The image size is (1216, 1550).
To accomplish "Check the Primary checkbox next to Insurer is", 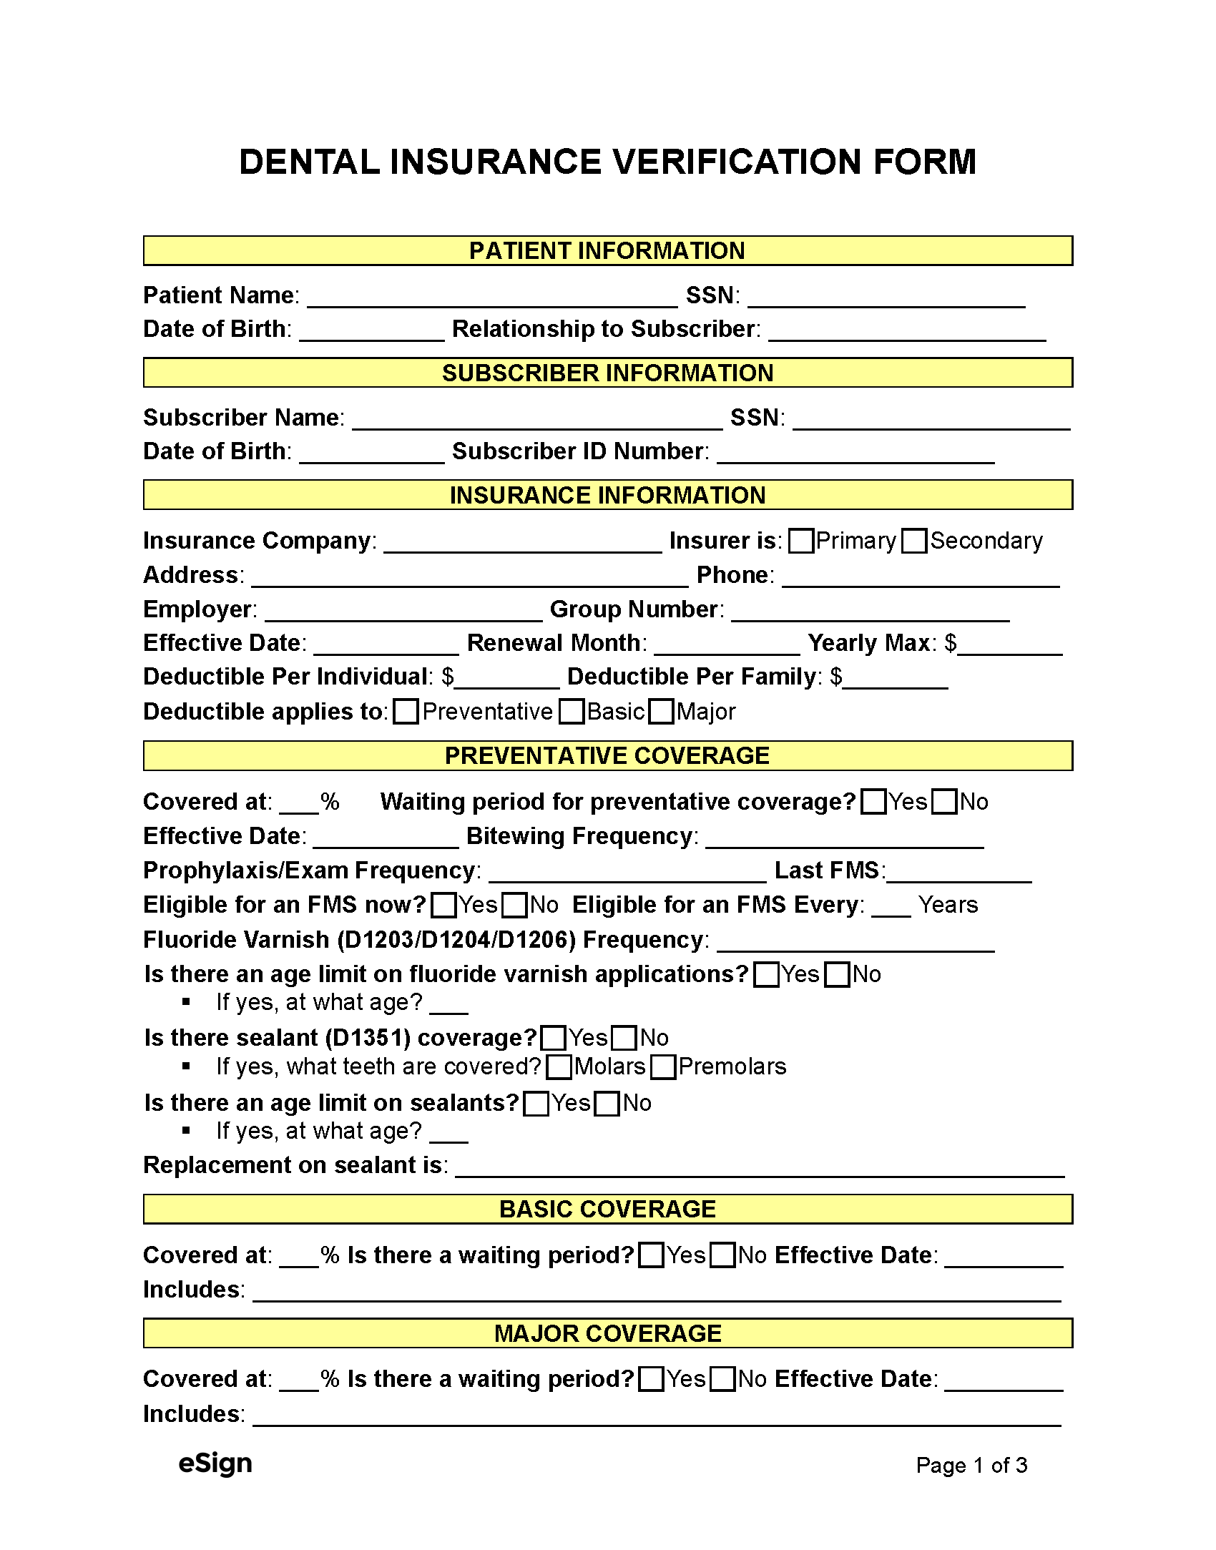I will tap(800, 541).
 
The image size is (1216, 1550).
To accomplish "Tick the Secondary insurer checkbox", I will tap(914, 541).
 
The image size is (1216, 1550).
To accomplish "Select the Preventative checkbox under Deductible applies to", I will tap(406, 712).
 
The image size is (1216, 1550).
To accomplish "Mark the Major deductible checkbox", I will tap(661, 712).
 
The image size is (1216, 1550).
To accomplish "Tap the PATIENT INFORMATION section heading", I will tap(607, 251).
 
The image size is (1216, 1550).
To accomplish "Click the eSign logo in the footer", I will tap(215, 1463).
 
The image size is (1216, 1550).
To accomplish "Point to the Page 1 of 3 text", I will tap(971, 1465).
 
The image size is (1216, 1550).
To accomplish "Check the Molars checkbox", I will tap(558, 1067).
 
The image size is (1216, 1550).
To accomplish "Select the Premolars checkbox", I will tap(663, 1067).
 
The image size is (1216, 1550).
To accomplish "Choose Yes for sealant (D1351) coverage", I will tap(553, 1038).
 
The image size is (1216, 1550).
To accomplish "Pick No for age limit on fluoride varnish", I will tap(837, 975).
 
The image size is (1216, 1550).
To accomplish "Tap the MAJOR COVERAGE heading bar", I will tap(607, 1333).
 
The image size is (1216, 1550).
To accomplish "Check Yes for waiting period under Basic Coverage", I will tap(650, 1255).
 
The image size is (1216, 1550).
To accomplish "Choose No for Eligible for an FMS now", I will tap(514, 906).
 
